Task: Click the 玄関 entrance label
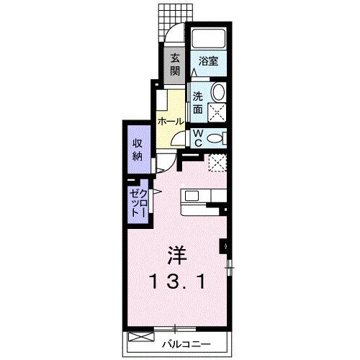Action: click(x=176, y=66)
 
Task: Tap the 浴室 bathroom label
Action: click(x=209, y=61)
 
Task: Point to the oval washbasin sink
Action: click(x=219, y=92)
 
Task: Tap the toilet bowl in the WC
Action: click(x=217, y=139)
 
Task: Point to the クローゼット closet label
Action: click(x=138, y=203)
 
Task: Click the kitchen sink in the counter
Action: click(x=193, y=195)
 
